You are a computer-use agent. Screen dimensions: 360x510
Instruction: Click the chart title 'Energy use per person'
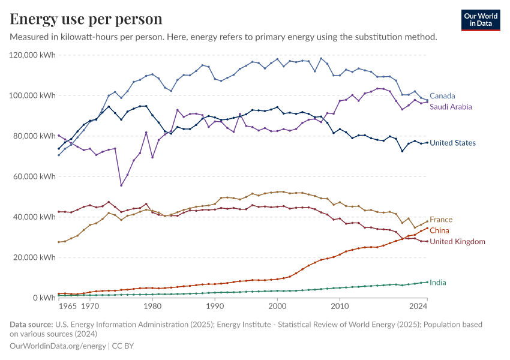[x=86, y=19]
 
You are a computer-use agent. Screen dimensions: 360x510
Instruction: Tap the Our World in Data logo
[x=480, y=20]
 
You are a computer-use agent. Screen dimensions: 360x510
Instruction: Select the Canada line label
[x=442, y=96]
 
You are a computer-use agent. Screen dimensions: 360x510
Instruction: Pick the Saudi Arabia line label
[x=451, y=107]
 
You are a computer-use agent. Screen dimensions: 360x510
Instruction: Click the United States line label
[x=453, y=143]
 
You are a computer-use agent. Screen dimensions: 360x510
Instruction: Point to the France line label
[x=441, y=220]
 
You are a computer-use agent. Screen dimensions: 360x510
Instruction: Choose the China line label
[x=439, y=230]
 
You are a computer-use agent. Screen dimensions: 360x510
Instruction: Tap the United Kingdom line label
[x=457, y=241]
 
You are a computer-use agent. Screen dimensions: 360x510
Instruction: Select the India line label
[x=438, y=282]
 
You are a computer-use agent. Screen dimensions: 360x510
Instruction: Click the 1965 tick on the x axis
[x=68, y=306]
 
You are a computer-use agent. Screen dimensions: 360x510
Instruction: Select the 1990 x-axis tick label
[x=215, y=306]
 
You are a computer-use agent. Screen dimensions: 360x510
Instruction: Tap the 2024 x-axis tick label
[x=418, y=306]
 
